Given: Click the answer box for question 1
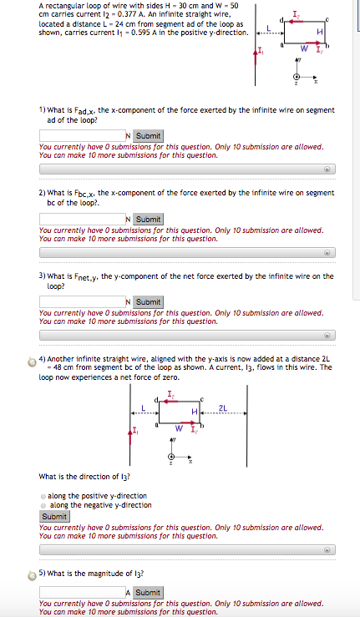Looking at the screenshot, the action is (x=81, y=136).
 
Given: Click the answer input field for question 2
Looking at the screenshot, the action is (x=81, y=219).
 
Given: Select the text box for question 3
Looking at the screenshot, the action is (x=81, y=301).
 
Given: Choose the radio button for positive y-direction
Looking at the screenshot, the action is (x=43, y=496).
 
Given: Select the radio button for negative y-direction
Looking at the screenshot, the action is (x=43, y=505).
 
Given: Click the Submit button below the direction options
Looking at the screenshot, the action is (x=54, y=516).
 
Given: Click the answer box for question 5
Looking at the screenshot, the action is (x=81, y=592).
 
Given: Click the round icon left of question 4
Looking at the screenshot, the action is (x=32, y=361).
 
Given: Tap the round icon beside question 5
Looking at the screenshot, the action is (x=32, y=574).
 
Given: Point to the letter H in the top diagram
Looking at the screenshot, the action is (x=320, y=32).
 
